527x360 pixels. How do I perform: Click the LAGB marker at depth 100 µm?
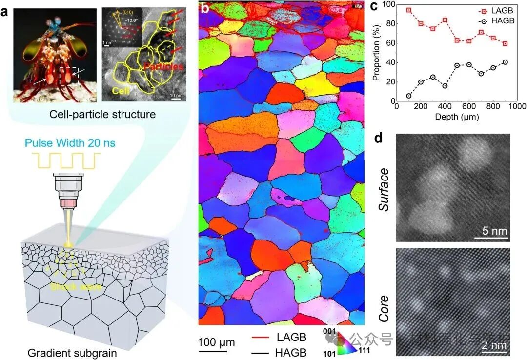tap(408, 10)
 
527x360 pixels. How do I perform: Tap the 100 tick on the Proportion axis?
tap(387, 4)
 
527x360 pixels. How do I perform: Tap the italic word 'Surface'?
tap(384, 189)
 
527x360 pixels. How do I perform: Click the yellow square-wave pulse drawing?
tap(66, 160)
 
